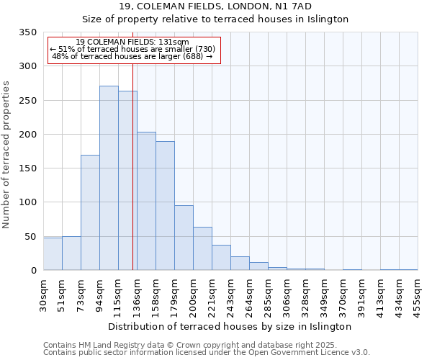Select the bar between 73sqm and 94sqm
click(x=90, y=212)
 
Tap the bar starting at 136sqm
click(x=146, y=201)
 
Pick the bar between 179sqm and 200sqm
click(x=184, y=238)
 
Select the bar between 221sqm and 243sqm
click(x=221, y=257)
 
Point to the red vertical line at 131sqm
click(x=132, y=166)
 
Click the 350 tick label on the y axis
click(x=27, y=32)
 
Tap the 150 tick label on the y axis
click(x=27, y=168)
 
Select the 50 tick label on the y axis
click(x=30, y=236)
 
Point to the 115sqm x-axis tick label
click(x=118, y=294)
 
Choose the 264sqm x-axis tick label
click(x=249, y=294)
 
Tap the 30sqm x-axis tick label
click(x=43, y=293)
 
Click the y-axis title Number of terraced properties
click(x=6, y=155)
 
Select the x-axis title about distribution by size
click(x=230, y=326)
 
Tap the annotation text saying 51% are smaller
click(x=132, y=49)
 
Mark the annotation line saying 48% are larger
click(x=132, y=56)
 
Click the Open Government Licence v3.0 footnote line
click(x=206, y=353)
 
